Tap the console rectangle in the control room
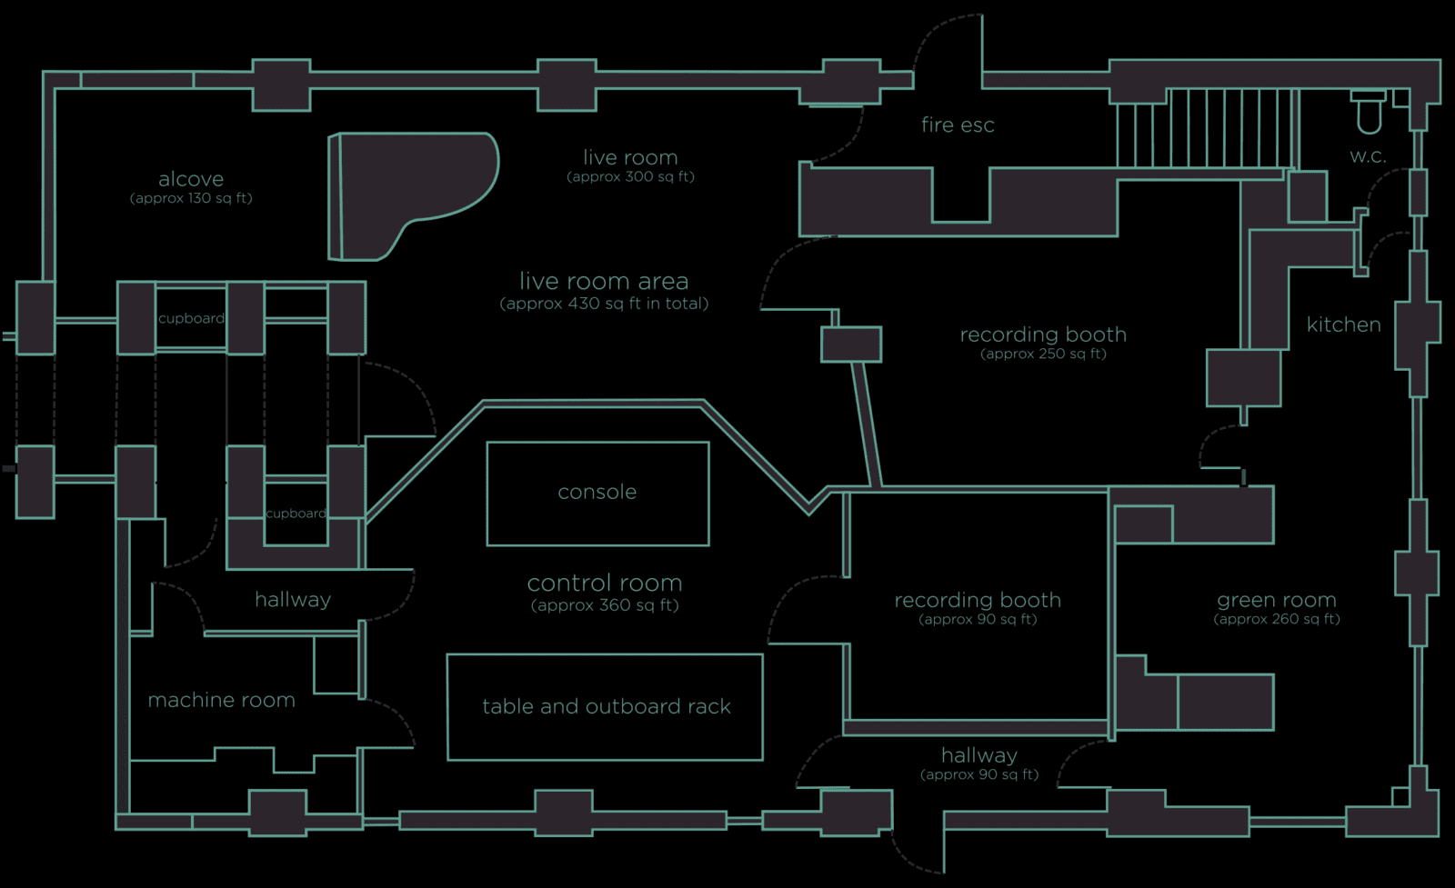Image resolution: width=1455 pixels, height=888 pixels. click(597, 493)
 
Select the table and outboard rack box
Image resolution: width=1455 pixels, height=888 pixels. click(606, 706)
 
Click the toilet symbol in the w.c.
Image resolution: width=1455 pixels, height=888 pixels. click(1368, 113)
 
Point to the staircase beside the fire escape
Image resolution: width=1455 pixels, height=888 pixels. click(1205, 127)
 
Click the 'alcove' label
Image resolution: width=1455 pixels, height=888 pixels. click(191, 179)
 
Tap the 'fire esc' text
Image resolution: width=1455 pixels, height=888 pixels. click(958, 125)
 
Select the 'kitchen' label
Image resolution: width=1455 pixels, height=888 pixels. click(1343, 324)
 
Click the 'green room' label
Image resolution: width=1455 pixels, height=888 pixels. click(1277, 600)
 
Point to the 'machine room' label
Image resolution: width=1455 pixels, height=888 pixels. click(221, 700)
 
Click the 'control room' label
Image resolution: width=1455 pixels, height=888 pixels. click(605, 583)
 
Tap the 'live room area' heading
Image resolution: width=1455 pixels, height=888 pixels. click(604, 281)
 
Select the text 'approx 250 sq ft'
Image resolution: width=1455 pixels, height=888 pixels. click(1043, 354)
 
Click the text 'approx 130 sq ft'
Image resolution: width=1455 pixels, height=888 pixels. click(191, 198)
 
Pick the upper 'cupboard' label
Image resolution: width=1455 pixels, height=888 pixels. click(191, 318)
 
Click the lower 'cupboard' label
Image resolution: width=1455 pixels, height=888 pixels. click(296, 514)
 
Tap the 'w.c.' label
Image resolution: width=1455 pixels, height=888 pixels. click(1368, 156)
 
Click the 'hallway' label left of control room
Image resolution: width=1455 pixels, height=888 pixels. click(292, 600)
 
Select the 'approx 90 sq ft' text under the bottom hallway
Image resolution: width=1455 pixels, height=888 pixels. click(979, 775)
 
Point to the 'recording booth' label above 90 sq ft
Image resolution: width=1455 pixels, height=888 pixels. click(978, 600)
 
